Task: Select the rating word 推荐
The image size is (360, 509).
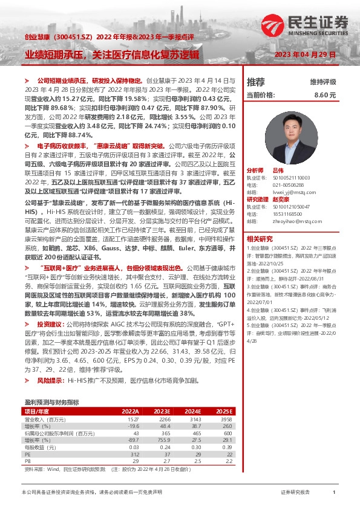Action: [256, 82]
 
